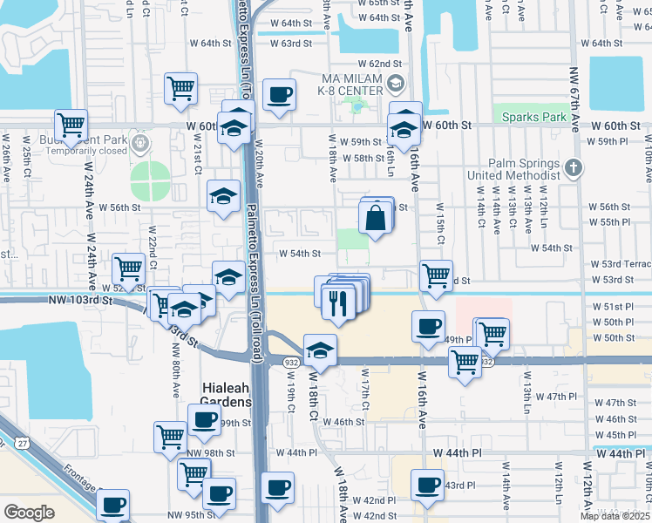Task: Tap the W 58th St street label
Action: (364, 158)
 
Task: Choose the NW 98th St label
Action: (210, 453)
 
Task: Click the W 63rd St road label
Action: (290, 43)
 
